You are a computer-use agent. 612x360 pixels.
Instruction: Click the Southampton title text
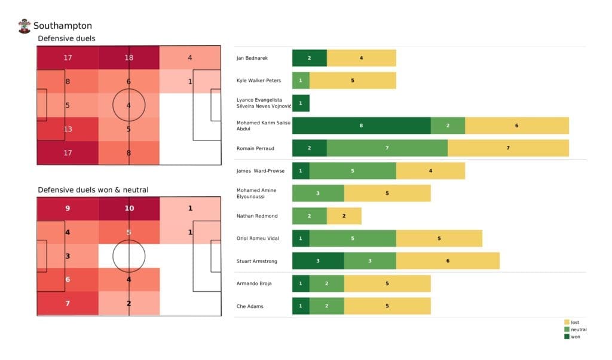coord(63,26)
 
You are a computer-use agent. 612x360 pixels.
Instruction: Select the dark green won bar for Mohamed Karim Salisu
coord(361,126)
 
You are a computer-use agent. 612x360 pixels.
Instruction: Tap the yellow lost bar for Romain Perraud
coord(508,148)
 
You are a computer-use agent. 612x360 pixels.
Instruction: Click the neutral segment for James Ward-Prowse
coord(352,170)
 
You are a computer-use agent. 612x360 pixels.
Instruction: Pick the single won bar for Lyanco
coord(301,103)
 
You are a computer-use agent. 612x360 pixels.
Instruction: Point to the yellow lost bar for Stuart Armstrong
coord(448,261)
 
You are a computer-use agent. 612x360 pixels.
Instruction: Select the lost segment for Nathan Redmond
coord(344,216)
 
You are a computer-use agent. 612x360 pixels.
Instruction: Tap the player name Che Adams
coord(250,306)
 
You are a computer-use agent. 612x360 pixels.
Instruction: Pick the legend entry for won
coord(574,337)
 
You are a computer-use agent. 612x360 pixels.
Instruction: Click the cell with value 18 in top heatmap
coord(129,58)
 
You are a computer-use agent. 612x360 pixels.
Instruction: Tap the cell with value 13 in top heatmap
coord(67,128)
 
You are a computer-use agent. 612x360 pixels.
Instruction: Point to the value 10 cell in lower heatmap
coord(129,209)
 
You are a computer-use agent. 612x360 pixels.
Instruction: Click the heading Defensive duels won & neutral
coord(93,190)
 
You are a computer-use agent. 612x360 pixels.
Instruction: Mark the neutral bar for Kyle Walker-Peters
coord(301,80)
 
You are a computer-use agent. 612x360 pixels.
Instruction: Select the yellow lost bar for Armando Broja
coord(387,283)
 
